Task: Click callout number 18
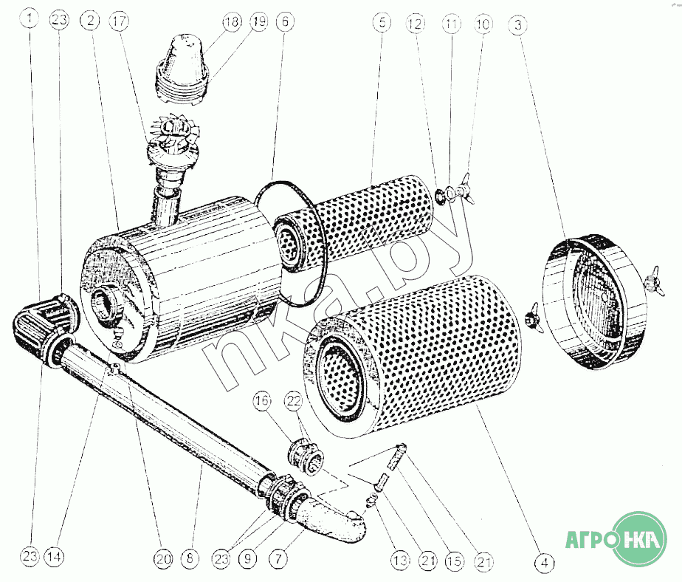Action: [x=232, y=21]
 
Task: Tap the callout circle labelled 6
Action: [x=285, y=21]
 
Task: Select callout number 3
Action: [x=518, y=24]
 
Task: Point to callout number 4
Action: [x=544, y=563]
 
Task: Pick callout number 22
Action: [x=294, y=400]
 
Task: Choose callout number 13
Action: [x=400, y=560]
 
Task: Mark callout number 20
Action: [x=163, y=558]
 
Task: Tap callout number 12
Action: [x=415, y=24]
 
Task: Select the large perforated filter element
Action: [x=413, y=361]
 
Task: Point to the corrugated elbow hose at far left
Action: [x=44, y=324]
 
